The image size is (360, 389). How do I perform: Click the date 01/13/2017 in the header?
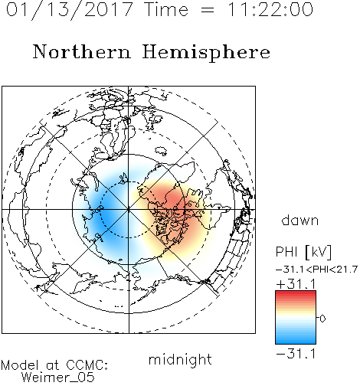tap(70, 10)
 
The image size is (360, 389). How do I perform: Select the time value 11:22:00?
tap(270, 9)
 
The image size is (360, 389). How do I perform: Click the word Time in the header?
tap(166, 9)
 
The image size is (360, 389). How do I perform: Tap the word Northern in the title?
tap(82, 51)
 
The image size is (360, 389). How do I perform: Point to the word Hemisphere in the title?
tap(206, 53)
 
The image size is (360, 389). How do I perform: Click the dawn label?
tap(300, 220)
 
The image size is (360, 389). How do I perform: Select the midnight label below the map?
tap(180, 359)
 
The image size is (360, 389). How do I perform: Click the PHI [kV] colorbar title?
tap(303, 252)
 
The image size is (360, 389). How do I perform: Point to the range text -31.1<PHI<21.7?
tap(316, 270)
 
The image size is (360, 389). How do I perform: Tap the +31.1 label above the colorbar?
tap(296, 284)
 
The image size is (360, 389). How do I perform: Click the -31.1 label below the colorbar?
tap(296, 354)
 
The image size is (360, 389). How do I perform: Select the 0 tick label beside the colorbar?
tap(322, 319)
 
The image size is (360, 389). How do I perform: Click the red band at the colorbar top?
tap(296, 294)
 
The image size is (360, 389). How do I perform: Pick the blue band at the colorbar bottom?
tap(296, 340)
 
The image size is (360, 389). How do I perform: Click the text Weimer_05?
tap(58, 378)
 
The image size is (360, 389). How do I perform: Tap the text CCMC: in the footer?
tap(87, 365)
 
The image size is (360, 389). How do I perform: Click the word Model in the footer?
tap(20, 365)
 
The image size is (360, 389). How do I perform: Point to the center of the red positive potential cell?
tap(174, 207)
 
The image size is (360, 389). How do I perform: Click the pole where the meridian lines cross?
tap(129, 210)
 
